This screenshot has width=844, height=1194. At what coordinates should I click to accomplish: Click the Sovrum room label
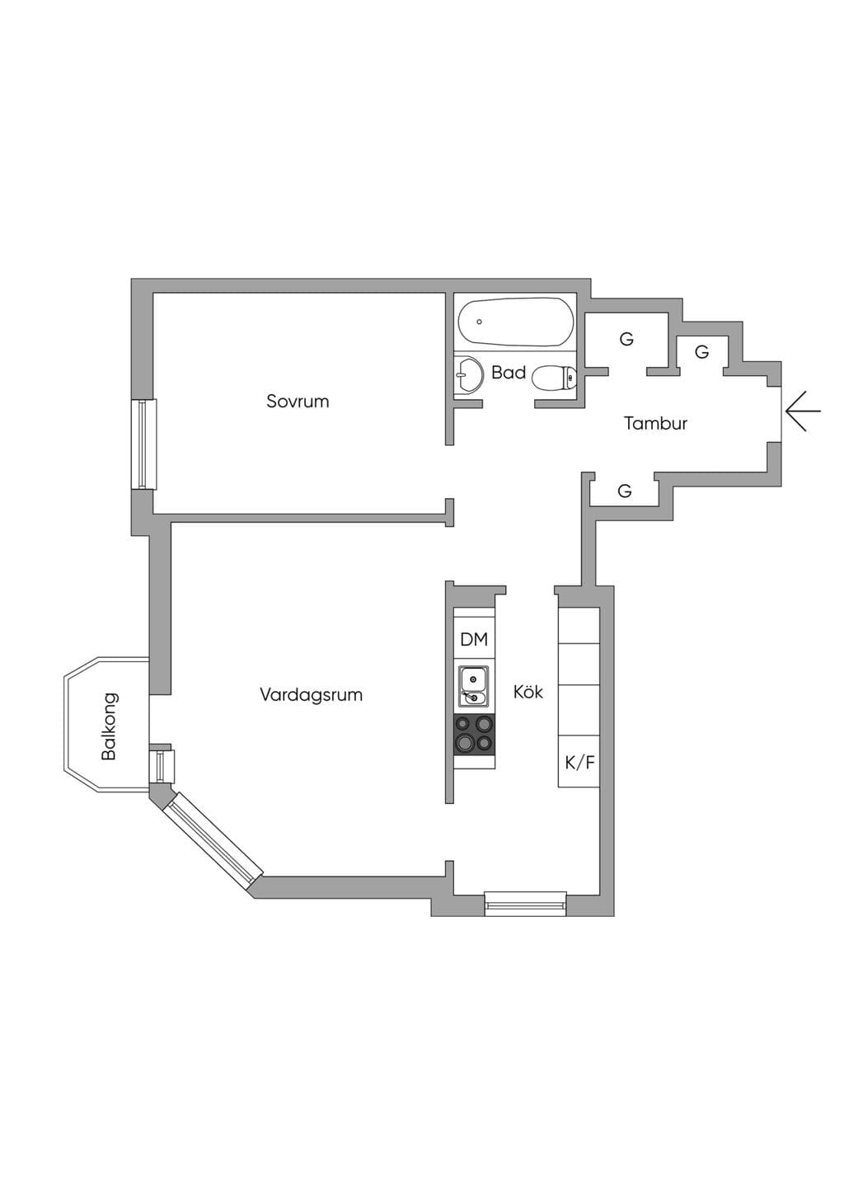pos(298,401)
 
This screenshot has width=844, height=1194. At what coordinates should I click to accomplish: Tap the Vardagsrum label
pos(312,695)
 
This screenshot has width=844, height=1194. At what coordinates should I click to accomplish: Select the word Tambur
pos(655,423)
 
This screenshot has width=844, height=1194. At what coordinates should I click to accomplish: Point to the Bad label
pos(509,372)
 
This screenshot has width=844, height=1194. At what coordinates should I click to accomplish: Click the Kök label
pos(528,692)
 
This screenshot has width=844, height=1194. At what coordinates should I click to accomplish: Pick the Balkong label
pos(110,726)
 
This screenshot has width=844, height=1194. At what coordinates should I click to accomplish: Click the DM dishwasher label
pos(474,639)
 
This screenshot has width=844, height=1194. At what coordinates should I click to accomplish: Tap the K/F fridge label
pos(579,763)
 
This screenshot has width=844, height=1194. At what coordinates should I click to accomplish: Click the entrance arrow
pos(803,411)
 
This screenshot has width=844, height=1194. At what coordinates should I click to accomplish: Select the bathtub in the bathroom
pos(516,322)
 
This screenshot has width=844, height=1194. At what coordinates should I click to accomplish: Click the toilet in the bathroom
pos(554,378)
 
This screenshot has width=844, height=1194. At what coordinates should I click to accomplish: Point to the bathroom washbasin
pos(467,374)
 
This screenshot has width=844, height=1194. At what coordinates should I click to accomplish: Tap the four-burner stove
pos(474,735)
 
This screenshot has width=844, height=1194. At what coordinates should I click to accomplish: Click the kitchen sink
pos(472,685)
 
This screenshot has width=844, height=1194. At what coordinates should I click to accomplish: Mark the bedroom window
pos(143,444)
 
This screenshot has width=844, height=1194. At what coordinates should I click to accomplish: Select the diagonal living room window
pos(214,840)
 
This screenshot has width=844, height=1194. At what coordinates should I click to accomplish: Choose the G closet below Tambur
pos(625,490)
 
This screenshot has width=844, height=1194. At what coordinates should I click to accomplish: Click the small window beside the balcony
pos(162,766)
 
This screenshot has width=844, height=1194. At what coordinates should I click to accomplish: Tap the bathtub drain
pos(480,322)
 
